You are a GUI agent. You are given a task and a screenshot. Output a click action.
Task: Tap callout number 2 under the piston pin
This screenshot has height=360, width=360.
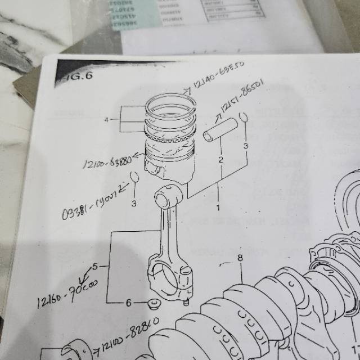click(x=221, y=160)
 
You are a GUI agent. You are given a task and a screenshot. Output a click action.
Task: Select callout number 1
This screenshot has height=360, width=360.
click(x=218, y=207)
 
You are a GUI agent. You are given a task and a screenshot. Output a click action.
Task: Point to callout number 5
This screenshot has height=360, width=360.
click(x=95, y=265)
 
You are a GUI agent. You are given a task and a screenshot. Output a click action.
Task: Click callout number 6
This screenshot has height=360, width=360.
click(x=128, y=303)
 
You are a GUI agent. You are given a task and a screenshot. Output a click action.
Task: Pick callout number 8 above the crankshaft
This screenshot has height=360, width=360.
click(x=240, y=259)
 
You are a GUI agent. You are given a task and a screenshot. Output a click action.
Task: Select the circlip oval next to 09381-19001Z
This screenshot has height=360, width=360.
click(x=134, y=177)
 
